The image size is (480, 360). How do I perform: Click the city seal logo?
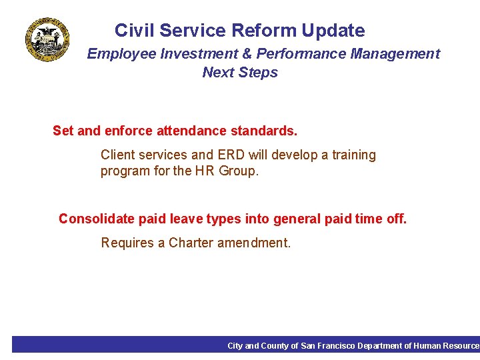point(47,40)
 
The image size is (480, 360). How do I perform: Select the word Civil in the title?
point(134,31)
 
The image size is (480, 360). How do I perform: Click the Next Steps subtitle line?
point(240,73)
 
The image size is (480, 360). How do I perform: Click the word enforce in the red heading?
point(129,131)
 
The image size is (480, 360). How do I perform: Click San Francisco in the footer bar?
point(328,346)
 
